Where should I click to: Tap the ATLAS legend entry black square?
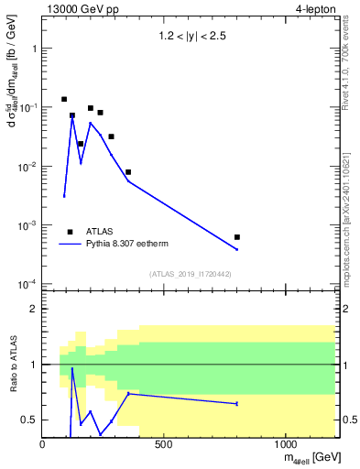tap(71, 232)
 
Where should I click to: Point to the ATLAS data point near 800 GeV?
tap(237, 237)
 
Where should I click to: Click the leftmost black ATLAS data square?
tap(64, 99)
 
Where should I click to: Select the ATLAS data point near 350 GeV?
tap(128, 172)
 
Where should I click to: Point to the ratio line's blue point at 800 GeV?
tap(237, 403)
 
